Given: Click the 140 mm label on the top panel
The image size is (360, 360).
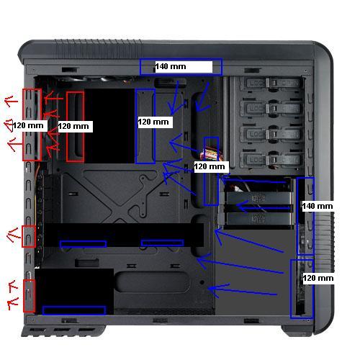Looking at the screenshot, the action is (x=171, y=66).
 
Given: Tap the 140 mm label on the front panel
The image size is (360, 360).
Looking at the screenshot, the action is (x=318, y=206).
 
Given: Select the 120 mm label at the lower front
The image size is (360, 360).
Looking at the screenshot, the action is (x=318, y=278).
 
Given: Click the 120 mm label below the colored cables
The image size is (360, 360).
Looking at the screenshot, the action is (x=210, y=166).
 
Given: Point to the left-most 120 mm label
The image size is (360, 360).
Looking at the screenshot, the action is (x=28, y=125).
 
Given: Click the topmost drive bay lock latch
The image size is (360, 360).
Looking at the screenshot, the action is (x=271, y=84).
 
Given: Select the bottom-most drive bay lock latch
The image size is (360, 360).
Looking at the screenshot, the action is (x=271, y=159).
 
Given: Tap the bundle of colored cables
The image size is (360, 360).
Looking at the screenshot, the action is (x=211, y=154).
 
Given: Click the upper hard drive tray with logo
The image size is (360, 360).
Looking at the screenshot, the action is (x=258, y=199).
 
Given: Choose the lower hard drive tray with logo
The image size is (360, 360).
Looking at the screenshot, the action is (x=258, y=218).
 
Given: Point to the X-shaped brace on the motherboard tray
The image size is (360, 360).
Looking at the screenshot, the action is (x=120, y=197).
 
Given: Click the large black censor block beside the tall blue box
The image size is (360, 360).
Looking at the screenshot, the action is (x=109, y=126).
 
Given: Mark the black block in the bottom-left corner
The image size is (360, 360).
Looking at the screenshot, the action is (x=74, y=291).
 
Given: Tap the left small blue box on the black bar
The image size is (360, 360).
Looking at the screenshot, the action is (x=83, y=244).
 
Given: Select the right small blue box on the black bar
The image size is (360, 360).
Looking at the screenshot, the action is (x=163, y=243).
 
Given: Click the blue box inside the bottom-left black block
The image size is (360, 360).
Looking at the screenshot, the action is (x=74, y=310).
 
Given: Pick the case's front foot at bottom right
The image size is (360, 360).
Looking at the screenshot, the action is (x=297, y=330).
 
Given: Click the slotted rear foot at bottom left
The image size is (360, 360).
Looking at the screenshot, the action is (x=63, y=330).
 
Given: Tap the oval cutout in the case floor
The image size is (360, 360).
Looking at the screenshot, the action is (x=152, y=282).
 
